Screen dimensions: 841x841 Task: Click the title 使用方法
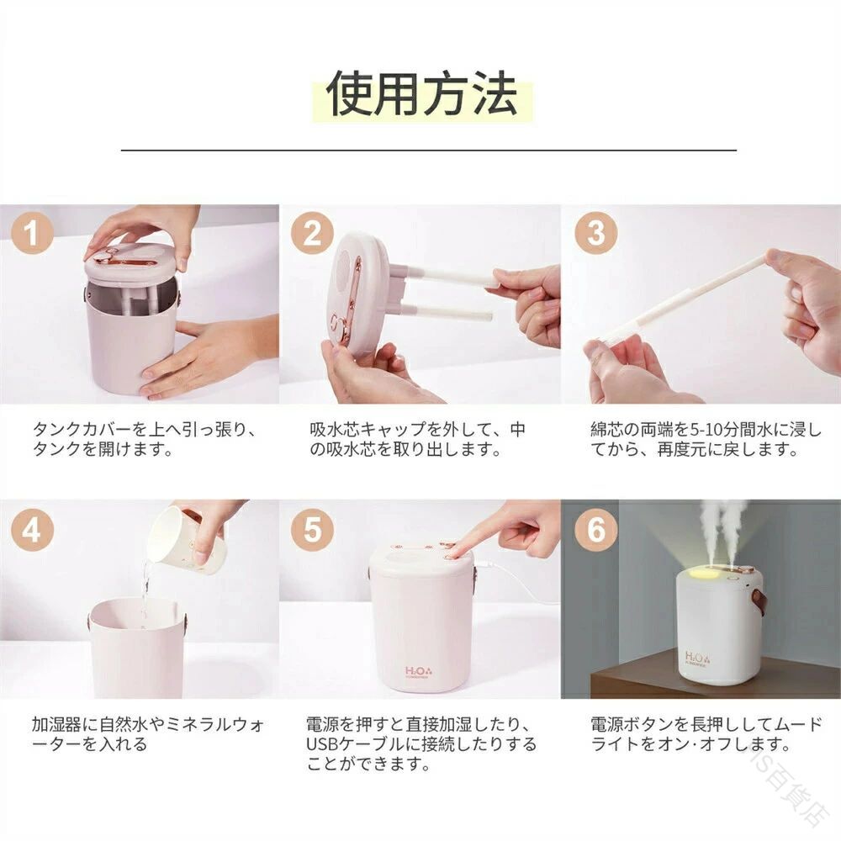click(421, 93)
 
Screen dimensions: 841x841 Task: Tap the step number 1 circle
click(32, 233)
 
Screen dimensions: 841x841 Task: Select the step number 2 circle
click(312, 233)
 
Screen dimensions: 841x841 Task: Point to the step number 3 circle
click(596, 233)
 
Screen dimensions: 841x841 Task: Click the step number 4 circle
click(32, 529)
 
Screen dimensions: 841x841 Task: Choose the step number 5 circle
click(312, 529)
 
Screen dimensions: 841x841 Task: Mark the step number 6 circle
click(596, 529)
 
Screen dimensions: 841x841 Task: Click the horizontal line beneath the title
click(429, 151)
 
